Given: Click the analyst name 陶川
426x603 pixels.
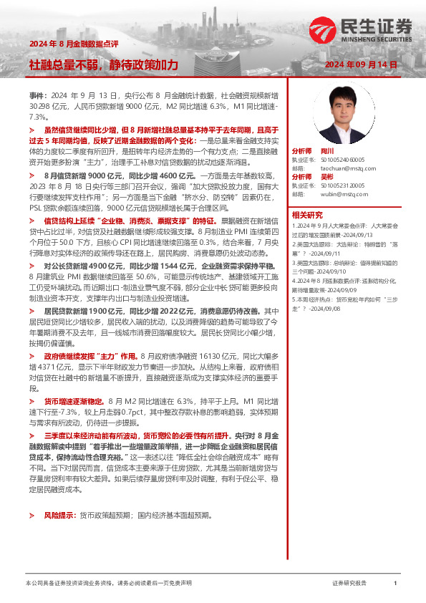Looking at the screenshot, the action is [326, 152].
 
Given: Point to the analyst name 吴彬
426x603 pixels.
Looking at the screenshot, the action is [326, 176].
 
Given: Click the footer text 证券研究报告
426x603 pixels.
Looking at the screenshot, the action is [349, 584].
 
